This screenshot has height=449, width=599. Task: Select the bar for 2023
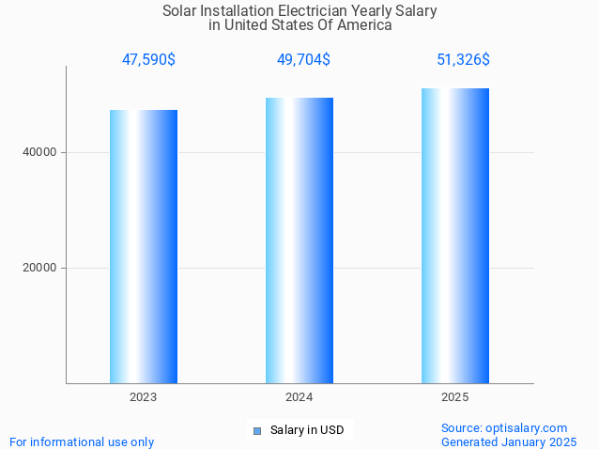144,246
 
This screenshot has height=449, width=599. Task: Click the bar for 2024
299,240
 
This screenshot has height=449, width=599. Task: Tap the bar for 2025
455,236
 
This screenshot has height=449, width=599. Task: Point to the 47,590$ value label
148,59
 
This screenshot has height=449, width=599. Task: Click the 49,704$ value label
303,59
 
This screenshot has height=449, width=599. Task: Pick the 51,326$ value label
463,59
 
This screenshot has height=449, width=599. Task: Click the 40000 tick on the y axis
40,152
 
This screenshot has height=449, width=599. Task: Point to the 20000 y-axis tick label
40,268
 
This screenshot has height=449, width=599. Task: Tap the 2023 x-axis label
144,397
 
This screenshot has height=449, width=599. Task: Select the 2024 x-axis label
299,397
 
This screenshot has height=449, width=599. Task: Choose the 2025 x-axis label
455,397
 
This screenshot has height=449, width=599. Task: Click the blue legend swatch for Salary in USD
256,431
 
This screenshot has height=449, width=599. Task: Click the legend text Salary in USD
307,430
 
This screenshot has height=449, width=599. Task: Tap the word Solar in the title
181,11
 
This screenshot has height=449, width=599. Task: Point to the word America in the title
364,25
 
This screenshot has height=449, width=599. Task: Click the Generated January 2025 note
509,441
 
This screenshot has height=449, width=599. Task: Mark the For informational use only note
82,441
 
